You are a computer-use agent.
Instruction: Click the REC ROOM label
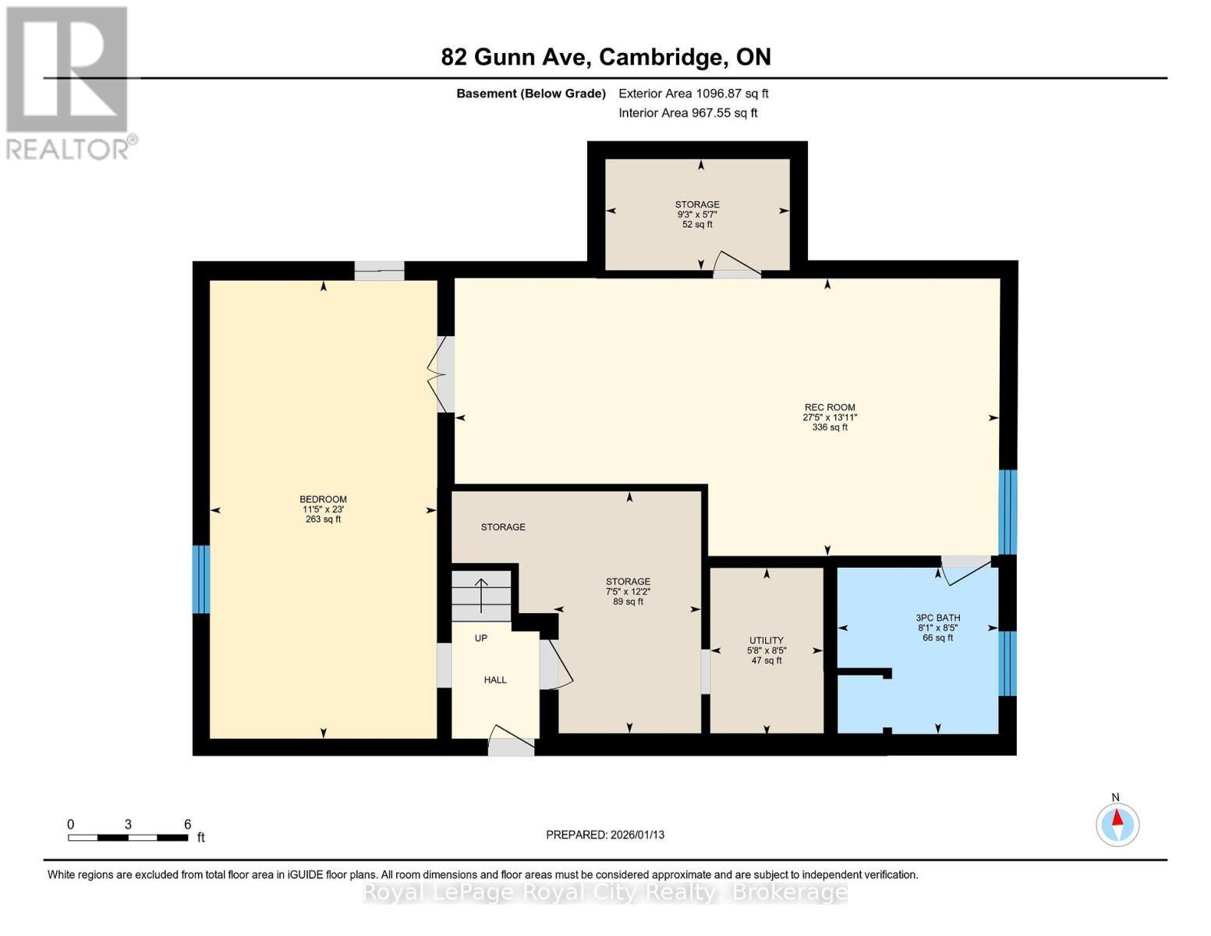pyautogui.click(x=830, y=407)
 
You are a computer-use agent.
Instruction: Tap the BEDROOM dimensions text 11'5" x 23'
pyautogui.click(x=323, y=509)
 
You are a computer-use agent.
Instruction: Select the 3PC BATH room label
pyautogui.click(x=937, y=618)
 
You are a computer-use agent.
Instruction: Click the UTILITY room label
pyautogui.click(x=766, y=640)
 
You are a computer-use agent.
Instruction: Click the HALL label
pyautogui.click(x=495, y=680)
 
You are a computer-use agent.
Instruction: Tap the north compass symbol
pyautogui.click(x=1117, y=823)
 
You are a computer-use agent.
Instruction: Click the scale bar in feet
pyautogui.click(x=128, y=838)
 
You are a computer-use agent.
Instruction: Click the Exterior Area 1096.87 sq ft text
pyautogui.click(x=693, y=94)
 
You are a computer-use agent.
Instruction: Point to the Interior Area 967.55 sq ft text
pyautogui.click(x=688, y=113)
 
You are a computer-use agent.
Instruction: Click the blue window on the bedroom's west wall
pyautogui.click(x=201, y=579)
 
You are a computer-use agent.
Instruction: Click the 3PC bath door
pyautogui.click(x=967, y=570)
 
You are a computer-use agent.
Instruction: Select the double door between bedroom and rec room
pyautogui.click(x=441, y=374)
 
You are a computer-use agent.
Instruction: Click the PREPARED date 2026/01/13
pyautogui.click(x=605, y=835)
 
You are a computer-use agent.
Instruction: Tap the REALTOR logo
pyautogui.click(x=69, y=82)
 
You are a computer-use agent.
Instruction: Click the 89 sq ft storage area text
pyautogui.click(x=628, y=601)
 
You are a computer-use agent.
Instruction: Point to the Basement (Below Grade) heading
pyautogui.click(x=530, y=94)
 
